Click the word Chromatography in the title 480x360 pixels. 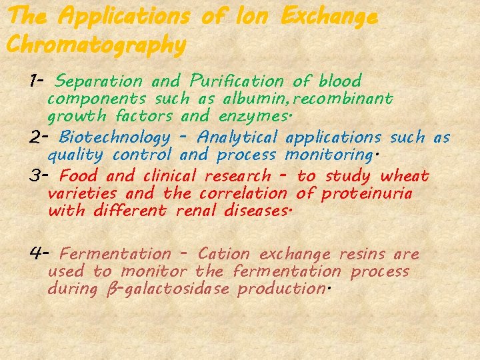pyautogui.click(x=95, y=45)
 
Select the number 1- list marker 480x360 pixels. pyautogui.click(x=37, y=81)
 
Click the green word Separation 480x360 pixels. pyautogui.click(x=99, y=82)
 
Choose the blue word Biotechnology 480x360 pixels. pyautogui.click(x=115, y=138)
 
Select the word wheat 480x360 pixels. pyautogui.click(x=405, y=177)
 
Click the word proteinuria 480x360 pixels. pyautogui.click(x=367, y=194)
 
